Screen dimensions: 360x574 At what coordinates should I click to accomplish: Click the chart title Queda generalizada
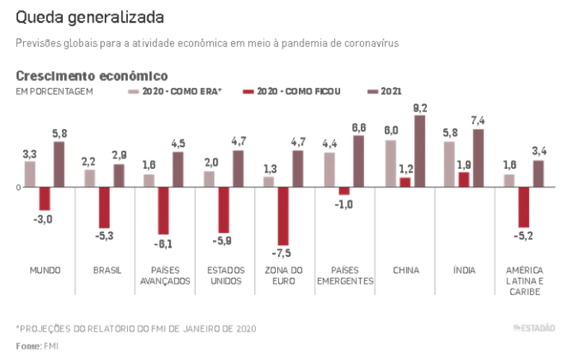click(x=90, y=16)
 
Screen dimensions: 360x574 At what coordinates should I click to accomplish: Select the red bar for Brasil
click(x=104, y=207)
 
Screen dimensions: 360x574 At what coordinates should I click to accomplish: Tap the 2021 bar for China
click(x=419, y=151)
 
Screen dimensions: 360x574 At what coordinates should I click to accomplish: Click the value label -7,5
click(x=283, y=253)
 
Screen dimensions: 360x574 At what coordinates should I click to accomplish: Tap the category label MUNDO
click(x=45, y=270)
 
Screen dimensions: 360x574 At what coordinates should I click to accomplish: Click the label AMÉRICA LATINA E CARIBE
click(x=524, y=281)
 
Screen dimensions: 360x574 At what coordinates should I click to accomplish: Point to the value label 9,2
click(x=419, y=108)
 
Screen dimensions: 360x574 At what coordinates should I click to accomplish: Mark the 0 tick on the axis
click(x=18, y=187)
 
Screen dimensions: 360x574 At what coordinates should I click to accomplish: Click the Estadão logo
click(x=534, y=327)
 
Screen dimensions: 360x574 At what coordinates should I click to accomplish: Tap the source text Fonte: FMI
click(x=37, y=346)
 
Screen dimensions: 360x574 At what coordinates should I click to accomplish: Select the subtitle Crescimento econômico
click(x=91, y=75)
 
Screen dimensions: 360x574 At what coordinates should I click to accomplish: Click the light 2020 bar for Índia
click(x=449, y=164)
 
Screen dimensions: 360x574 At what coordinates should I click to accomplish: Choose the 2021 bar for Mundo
click(x=59, y=164)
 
